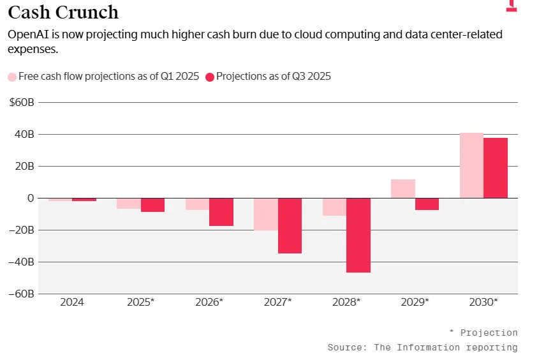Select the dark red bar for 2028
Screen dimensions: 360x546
pyautogui.click(x=358, y=235)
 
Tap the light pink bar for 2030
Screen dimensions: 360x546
pyautogui.click(x=471, y=165)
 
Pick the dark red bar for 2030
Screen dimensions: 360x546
pyautogui.click(x=496, y=168)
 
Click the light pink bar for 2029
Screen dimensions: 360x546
pyautogui.click(x=403, y=189)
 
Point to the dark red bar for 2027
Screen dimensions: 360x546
pyautogui.click(x=290, y=225)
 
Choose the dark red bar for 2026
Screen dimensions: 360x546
pyautogui.click(x=221, y=212)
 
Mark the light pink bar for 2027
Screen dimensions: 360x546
pyautogui.click(x=266, y=214)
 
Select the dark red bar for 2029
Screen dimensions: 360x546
pyautogui.click(x=427, y=204)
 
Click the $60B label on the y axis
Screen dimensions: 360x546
pyautogui.click(x=21, y=102)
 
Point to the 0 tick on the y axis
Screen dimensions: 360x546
pyautogui.click(x=30, y=198)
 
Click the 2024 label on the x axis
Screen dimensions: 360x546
pyautogui.click(x=72, y=302)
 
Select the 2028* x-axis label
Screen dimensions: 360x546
pyautogui.click(x=346, y=302)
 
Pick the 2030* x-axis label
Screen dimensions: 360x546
pyautogui.click(x=483, y=302)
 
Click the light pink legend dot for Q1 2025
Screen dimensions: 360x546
pyautogui.click(x=12, y=77)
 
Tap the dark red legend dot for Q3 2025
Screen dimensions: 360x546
pyautogui.click(x=209, y=77)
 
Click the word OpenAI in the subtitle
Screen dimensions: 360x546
pyautogui.click(x=28, y=34)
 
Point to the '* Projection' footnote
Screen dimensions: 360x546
pyautogui.click(x=483, y=333)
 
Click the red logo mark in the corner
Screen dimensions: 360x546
pyautogui.click(x=511, y=5)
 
